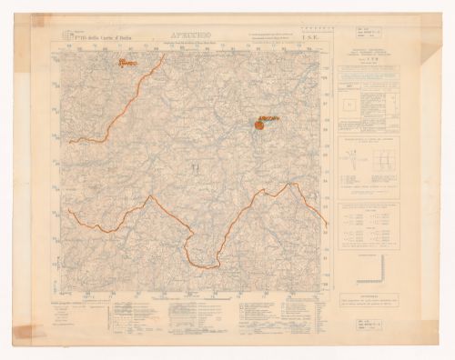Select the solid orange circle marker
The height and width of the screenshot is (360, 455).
[x=258, y=125]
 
